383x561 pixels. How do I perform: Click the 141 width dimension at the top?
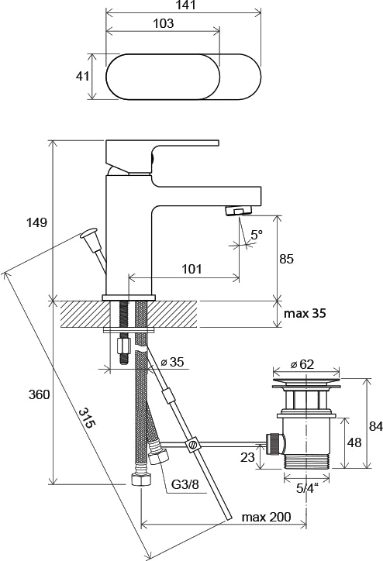(x=186, y=5)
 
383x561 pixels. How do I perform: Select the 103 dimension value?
(x=164, y=23)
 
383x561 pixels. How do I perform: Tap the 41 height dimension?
(x=82, y=76)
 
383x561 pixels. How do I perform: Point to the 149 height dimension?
(x=37, y=222)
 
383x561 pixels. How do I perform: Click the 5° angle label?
(x=257, y=235)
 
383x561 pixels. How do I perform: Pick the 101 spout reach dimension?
(x=191, y=269)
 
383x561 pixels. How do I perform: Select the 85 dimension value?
(x=286, y=259)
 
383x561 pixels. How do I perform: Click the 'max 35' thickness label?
(x=305, y=313)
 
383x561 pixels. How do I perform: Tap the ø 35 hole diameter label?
(x=173, y=362)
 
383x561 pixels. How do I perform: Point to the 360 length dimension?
(x=39, y=395)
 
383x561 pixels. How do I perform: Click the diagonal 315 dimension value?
(x=88, y=418)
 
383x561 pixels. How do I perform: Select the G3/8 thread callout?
(x=185, y=485)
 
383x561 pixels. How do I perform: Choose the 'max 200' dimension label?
(x=266, y=517)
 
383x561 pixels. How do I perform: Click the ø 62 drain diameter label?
(x=302, y=364)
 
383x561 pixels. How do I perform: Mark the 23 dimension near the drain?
(x=247, y=457)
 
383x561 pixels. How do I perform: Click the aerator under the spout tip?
(x=239, y=211)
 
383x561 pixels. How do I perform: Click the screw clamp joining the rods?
(x=192, y=444)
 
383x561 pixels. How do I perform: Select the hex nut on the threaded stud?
(x=123, y=346)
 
